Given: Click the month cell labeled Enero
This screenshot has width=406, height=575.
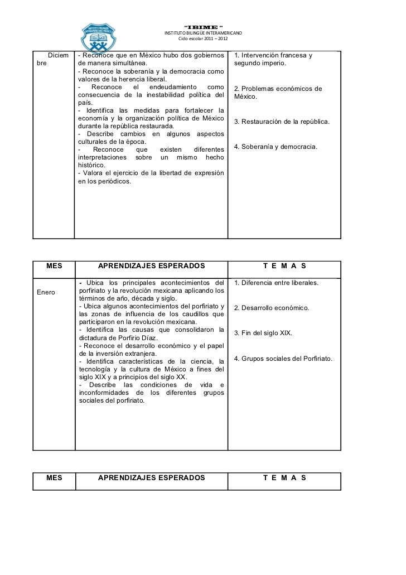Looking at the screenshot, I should point(46,292).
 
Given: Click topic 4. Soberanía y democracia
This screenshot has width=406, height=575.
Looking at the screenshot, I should point(275,147).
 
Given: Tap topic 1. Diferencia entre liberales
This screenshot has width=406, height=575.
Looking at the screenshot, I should point(276,283).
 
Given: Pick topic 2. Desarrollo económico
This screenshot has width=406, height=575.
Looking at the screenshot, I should point(271,308).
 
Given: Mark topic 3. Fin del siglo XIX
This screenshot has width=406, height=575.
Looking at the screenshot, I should point(263,333).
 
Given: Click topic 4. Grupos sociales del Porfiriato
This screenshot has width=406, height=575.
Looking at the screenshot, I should point(283,358).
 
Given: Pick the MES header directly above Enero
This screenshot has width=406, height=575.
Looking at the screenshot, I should point(54,267).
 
